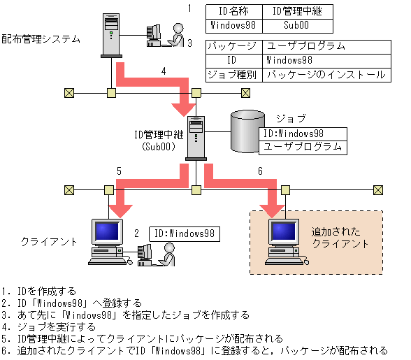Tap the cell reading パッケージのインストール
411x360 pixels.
(326, 74)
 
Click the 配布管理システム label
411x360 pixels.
(41, 38)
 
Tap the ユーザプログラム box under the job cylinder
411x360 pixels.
(302, 147)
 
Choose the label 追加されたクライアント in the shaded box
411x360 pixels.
(340, 237)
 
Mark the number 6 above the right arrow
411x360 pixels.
(261, 171)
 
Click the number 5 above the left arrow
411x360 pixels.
(119, 171)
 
